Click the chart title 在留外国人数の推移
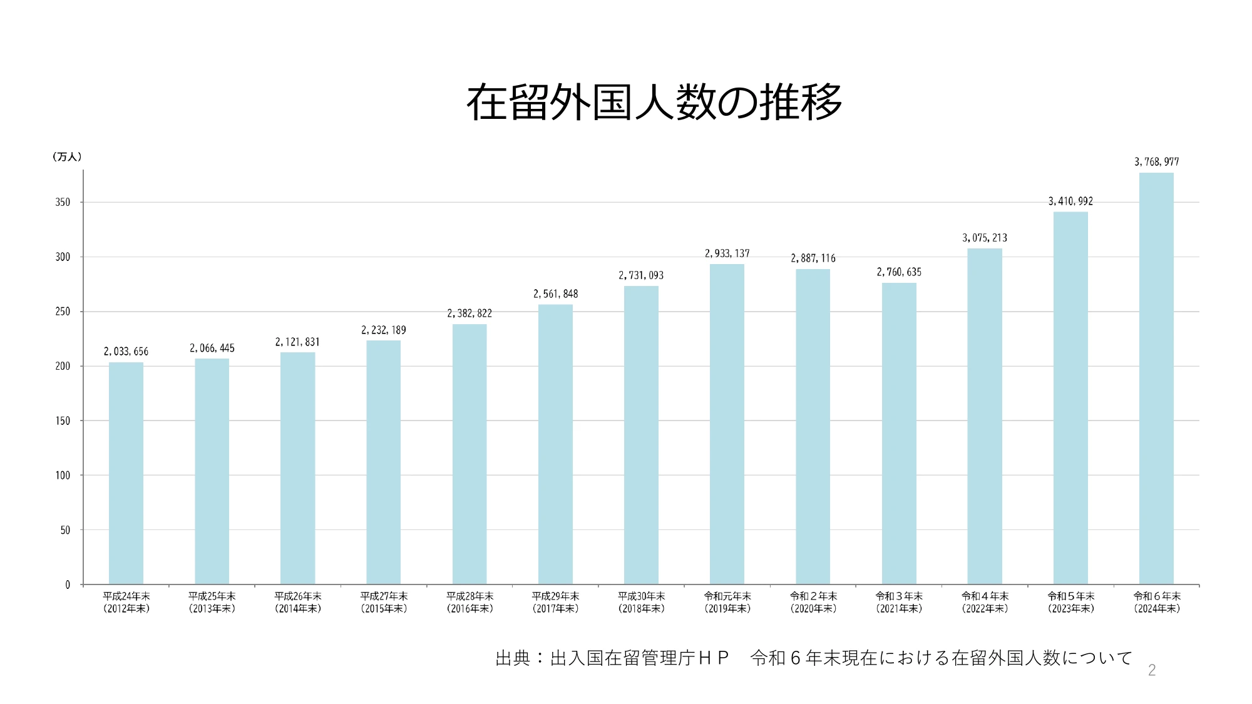tap(654, 102)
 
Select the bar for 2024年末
tap(1156, 379)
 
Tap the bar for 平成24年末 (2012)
tap(126, 473)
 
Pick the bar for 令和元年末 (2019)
tap(727, 424)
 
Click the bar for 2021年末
tap(899, 434)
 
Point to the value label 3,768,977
tap(1156, 162)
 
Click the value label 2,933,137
tap(727, 253)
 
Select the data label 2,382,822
tap(469, 314)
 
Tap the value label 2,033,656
tap(126, 352)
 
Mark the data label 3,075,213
tap(985, 238)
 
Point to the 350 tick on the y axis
tap(63, 202)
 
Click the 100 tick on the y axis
tap(63, 476)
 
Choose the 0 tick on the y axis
tap(68, 584)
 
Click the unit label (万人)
tap(66, 156)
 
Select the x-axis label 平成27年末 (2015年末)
tap(384, 602)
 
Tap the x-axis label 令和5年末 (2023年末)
tap(1071, 602)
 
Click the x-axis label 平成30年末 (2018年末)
tap(641, 602)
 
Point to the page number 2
tap(1151, 670)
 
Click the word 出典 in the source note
tap(513, 658)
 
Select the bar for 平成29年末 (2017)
tap(555, 444)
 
